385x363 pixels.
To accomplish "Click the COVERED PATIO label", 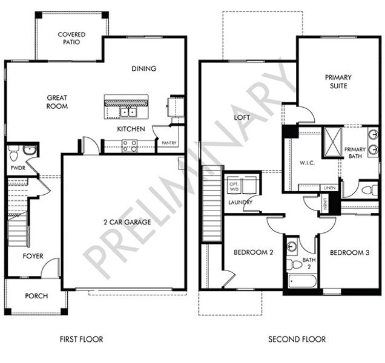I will click(x=71, y=39).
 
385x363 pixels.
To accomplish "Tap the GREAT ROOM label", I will click(x=57, y=102).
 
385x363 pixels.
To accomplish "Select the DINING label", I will click(x=143, y=68).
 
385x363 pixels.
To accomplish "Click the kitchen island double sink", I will click(x=127, y=112).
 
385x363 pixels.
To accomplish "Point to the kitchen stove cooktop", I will click(x=130, y=145).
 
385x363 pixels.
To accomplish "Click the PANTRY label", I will click(x=168, y=143).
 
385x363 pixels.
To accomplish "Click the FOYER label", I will click(x=33, y=256).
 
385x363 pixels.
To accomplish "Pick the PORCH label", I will click(x=36, y=296).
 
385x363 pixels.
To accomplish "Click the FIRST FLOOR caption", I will click(x=81, y=339).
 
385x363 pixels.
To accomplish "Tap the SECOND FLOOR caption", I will click(x=297, y=339).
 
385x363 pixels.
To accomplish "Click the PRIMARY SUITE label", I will click(x=338, y=82).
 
